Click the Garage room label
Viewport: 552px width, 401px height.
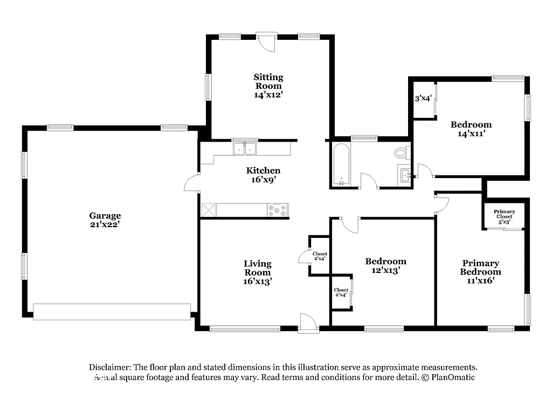(x=105, y=216)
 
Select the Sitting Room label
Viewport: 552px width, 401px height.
(x=268, y=81)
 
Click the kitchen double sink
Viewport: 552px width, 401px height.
(x=245, y=148)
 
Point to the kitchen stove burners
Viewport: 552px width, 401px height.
(x=278, y=210)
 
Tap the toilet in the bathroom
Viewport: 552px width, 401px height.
(x=401, y=153)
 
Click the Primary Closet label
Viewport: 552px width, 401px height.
(x=504, y=214)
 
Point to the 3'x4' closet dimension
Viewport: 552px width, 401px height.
(x=423, y=99)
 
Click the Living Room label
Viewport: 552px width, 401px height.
(x=258, y=268)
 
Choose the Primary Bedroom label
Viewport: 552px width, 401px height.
(x=480, y=268)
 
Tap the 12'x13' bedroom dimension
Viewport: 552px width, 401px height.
(x=385, y=270)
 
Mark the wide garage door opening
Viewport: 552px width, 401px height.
(x=112, y=312)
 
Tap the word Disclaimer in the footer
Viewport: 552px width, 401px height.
(x=111, y=367)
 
